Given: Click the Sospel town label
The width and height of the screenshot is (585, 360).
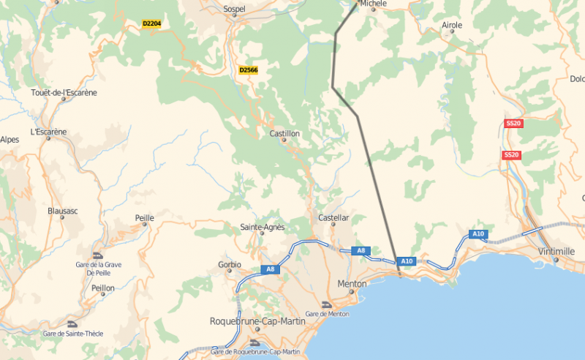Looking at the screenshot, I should [234, 10].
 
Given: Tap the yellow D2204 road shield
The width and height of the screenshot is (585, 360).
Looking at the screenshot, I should [151, 23].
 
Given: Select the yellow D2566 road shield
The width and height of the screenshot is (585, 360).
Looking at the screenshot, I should [249, 70].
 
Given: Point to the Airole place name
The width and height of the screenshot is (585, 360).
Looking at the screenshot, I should [452, 26].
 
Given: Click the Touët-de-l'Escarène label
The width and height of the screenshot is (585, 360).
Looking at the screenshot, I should [64, 93].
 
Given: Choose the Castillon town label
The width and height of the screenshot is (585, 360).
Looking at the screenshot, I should [285, 134].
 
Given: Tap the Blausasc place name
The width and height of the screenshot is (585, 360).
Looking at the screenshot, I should [62, 211].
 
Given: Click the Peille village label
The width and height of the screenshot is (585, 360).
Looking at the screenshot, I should [145, 218].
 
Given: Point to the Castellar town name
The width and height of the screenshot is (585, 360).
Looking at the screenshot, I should [333, 218].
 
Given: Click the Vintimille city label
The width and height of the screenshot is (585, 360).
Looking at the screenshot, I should [556, 251].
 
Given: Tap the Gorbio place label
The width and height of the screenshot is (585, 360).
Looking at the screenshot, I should [230, 264].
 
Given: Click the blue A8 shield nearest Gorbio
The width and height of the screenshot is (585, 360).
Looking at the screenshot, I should [270, 269].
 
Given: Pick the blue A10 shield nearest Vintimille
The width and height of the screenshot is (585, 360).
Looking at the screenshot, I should [478, 234].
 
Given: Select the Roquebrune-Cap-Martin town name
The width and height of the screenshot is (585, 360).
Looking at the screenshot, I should [254, 321].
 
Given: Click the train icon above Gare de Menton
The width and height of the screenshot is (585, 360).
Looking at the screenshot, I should [328, 304].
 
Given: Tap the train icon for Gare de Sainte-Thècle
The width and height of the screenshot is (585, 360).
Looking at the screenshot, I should [72, 324].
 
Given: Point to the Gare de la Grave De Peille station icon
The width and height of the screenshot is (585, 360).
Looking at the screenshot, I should [98, 255].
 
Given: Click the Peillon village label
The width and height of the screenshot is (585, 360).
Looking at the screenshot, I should [103, 288].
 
